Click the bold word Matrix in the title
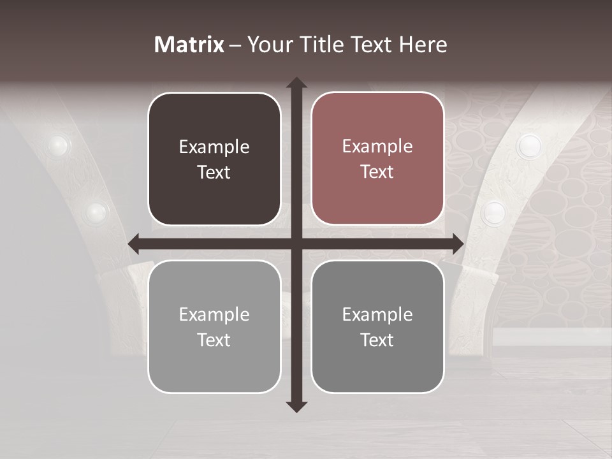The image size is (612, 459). click(189, 45)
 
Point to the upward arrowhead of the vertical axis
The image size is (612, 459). click(296, 83)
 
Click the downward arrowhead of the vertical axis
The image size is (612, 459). click(296, 406)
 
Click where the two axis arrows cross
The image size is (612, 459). click(296, 244)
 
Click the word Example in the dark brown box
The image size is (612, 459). click(214, 147)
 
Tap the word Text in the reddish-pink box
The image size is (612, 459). click(377, 172)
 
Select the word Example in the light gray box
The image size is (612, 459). click(214, 315)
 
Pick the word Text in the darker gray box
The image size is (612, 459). click(377, 340)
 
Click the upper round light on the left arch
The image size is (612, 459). click(58, 145)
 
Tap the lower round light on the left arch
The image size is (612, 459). click(96, 210)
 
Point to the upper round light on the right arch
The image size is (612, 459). click(528, 146)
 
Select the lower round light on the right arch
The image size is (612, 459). click(493, 213)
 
